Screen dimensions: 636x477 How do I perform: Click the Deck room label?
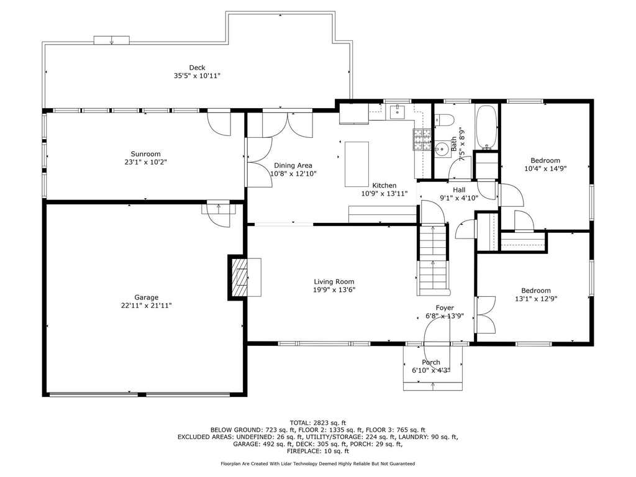tap(197, 68)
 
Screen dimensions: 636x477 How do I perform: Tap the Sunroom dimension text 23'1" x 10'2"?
tap(145, 162)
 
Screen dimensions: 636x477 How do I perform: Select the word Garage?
tap(147, 298)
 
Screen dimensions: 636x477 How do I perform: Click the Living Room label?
tap(334, 281)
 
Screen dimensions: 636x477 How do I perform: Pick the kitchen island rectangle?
tap(357, 164)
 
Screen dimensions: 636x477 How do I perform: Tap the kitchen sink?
tap(398, 112)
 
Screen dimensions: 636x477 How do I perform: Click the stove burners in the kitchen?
tap(422, 140)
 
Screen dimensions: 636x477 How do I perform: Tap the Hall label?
tap(459, 190)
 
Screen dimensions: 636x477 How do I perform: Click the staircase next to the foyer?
tap(433, 260)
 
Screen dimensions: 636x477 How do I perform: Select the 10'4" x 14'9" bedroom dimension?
tap(545, 169)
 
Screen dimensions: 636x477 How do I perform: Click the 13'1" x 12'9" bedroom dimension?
tap(536, 299)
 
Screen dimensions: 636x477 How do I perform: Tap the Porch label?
tap(431, 362)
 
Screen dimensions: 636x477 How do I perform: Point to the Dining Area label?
tap(293, 165)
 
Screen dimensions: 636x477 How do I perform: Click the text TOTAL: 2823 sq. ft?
tap(318, 423)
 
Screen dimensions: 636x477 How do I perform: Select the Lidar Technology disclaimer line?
tap(318, 463)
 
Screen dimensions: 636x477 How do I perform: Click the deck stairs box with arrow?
tap(112, 40)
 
